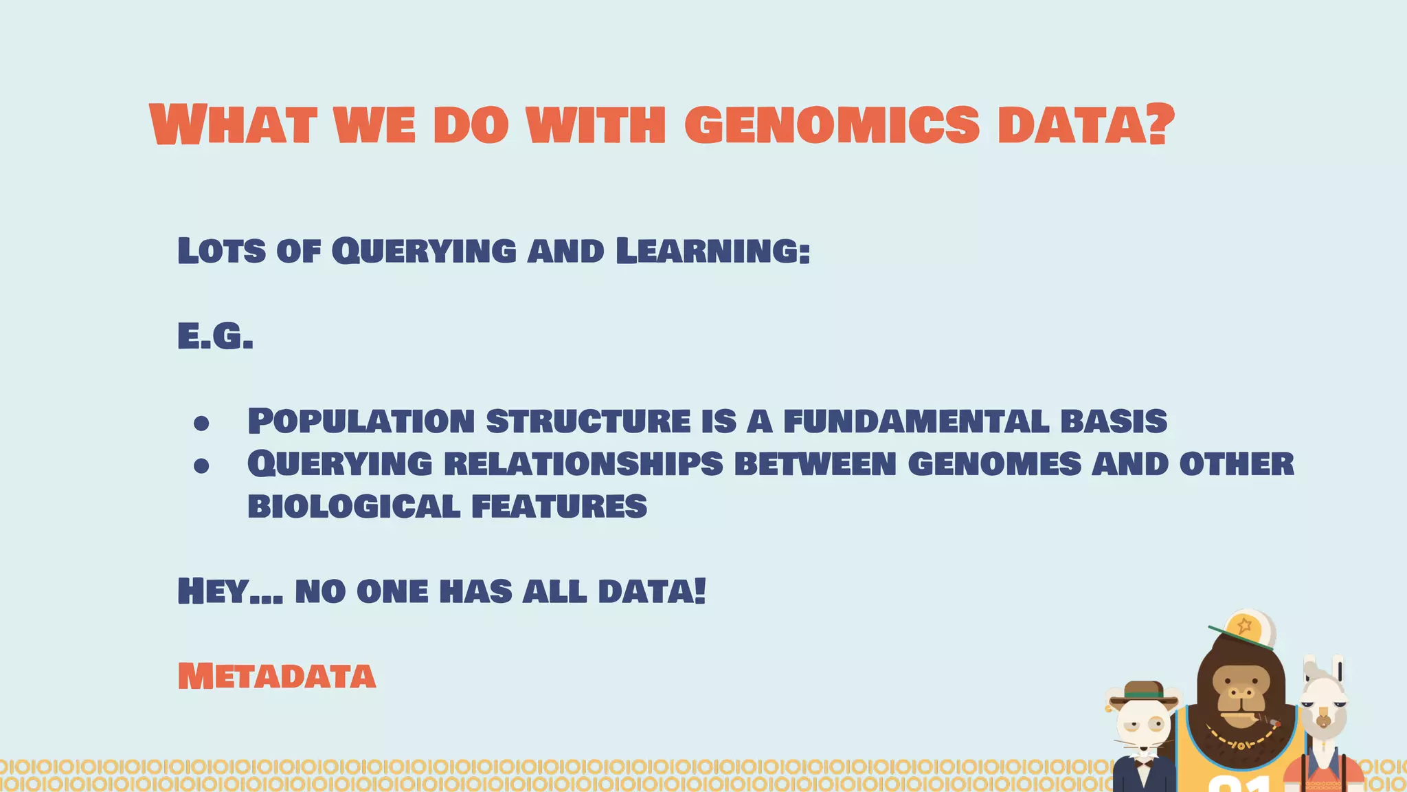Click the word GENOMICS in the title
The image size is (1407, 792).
click(x=831, y=125)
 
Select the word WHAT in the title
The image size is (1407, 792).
click(x=232, y=125)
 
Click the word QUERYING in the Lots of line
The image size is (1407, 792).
click(x=423, y=250)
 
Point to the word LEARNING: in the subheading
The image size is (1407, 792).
click(x=712, y=250)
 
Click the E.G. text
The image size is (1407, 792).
click(x=215, y=337)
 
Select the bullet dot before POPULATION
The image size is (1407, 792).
click(x=201, y=423)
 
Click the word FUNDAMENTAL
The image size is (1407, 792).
click(x=916, y=421)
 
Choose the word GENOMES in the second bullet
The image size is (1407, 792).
click(x=994, y=464)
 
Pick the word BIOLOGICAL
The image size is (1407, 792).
click(x=353, y=507)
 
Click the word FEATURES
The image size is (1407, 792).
click(x=559, y=507)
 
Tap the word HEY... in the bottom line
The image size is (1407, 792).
click(x=229, y=591)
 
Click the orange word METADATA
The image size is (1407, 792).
click(x=276, y=676)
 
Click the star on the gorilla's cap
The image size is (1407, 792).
click(x=1244, y=626)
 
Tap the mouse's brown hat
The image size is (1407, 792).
click(x=1143, y=692)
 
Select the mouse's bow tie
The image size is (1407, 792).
click(x=1144, y=761)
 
